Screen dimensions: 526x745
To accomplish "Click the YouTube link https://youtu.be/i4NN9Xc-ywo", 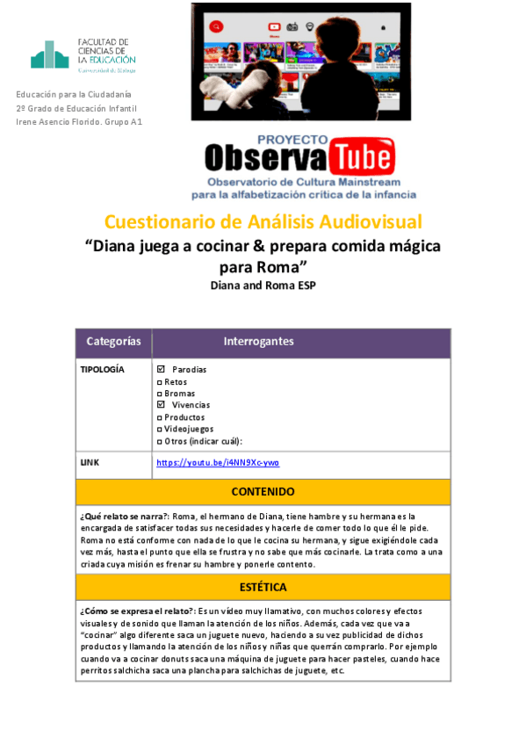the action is click(218, 462).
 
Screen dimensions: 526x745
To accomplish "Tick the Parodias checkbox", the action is click(160, 370).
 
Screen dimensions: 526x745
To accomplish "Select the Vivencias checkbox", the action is click(160, 405).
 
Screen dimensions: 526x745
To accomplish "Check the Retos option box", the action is click(158, 382).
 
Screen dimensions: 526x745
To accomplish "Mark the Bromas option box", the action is click(158, 394).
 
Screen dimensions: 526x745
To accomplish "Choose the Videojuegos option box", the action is click(158, 429).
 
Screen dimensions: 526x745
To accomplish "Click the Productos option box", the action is click(158, 417).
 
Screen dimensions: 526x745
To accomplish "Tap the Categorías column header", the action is click(113, 341).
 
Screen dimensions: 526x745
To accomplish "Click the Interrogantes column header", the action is click(258, 341).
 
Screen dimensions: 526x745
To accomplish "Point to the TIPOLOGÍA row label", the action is click(102, 370).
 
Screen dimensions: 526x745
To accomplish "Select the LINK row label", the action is click(90, 462).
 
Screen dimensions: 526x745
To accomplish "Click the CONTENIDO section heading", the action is click(263, 491).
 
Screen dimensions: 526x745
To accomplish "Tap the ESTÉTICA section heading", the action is click(263, 586).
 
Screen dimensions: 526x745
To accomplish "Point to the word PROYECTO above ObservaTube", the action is click(292, 139).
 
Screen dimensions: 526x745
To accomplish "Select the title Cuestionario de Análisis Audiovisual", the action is click(263, 221).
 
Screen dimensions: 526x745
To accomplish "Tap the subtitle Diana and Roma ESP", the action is click(263, 286).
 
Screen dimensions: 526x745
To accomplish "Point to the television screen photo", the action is click(301, 61).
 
